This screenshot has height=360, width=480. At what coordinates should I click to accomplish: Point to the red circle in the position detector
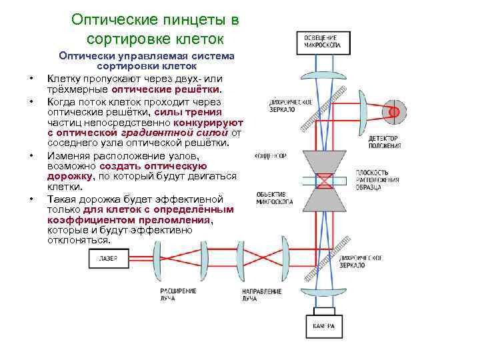tap(395, 111)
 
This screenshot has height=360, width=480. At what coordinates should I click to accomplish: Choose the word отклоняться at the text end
tap(78, 240)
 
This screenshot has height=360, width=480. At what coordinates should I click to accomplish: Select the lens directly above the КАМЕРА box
tap(325, 294)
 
